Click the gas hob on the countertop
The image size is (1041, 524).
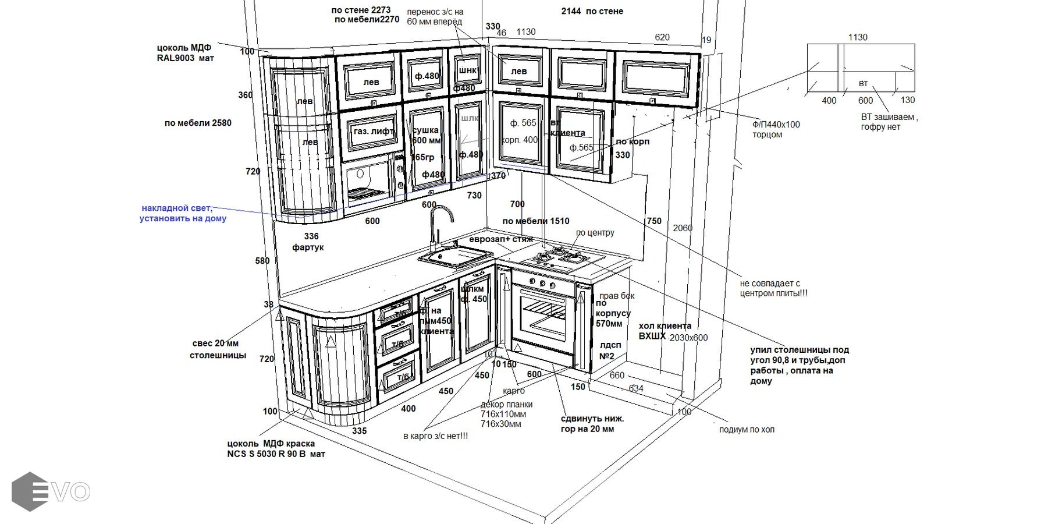562,259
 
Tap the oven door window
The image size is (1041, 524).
542,318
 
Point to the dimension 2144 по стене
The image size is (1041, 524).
592,11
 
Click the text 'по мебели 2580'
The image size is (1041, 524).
198,123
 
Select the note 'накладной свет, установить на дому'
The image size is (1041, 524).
182,213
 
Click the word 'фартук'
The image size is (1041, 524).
308,247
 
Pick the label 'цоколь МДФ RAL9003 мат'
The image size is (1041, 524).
184,53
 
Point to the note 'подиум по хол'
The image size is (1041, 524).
746,430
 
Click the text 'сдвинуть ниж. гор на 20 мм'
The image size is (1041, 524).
592,424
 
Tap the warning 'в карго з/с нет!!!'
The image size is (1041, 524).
435,436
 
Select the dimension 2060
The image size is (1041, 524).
683,228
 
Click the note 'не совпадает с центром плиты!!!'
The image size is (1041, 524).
773,288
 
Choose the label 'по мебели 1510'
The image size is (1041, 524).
535,221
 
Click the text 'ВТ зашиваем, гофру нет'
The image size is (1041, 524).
889,122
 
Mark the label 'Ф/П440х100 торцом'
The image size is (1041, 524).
776,129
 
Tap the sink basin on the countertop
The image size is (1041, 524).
454,256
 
